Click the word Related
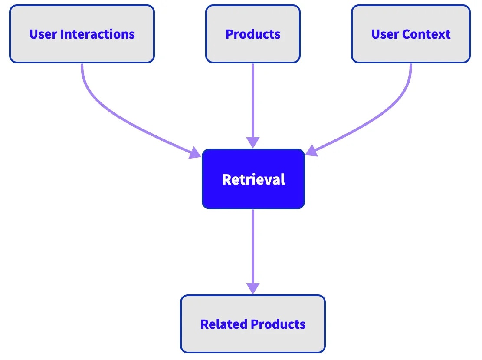(x=224, y=324)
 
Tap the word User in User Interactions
(x=41, y=34)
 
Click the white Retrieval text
(x=253, y=179)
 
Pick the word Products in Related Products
(x=279, y=324)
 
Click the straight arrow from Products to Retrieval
(x=252, y=100)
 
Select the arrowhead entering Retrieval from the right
(x=311, y=151)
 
